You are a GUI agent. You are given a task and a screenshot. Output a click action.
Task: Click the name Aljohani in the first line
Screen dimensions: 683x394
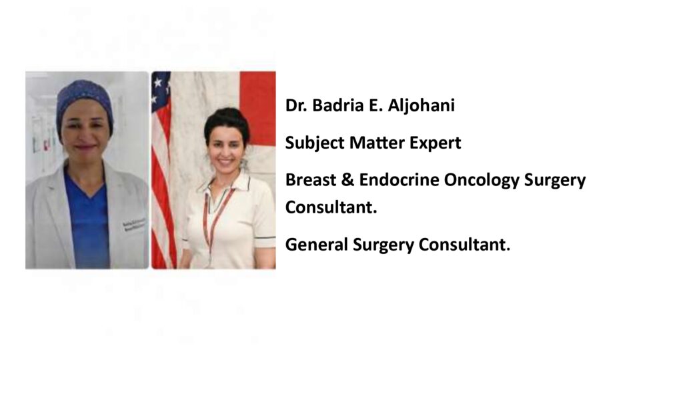(x=422, y=106)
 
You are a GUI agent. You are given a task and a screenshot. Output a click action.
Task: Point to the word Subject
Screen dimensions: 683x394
(x=315, y=143)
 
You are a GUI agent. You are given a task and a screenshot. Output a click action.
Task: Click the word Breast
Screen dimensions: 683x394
(x=311, y=180)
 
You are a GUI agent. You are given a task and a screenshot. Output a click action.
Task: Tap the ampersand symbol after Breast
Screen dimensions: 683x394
(x=348, y=180)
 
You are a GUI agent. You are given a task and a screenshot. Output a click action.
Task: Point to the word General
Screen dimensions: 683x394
(x=317, y=245)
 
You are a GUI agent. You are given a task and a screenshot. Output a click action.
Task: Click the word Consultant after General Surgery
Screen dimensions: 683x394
(x=464, y=245)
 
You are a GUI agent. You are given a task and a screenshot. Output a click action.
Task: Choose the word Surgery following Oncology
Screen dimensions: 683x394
(x=555, y=181)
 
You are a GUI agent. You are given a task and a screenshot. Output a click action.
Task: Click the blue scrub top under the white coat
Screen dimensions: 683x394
(x=87, y=222)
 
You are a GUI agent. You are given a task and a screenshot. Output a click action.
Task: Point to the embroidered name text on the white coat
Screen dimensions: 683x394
(x=134, y=225)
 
